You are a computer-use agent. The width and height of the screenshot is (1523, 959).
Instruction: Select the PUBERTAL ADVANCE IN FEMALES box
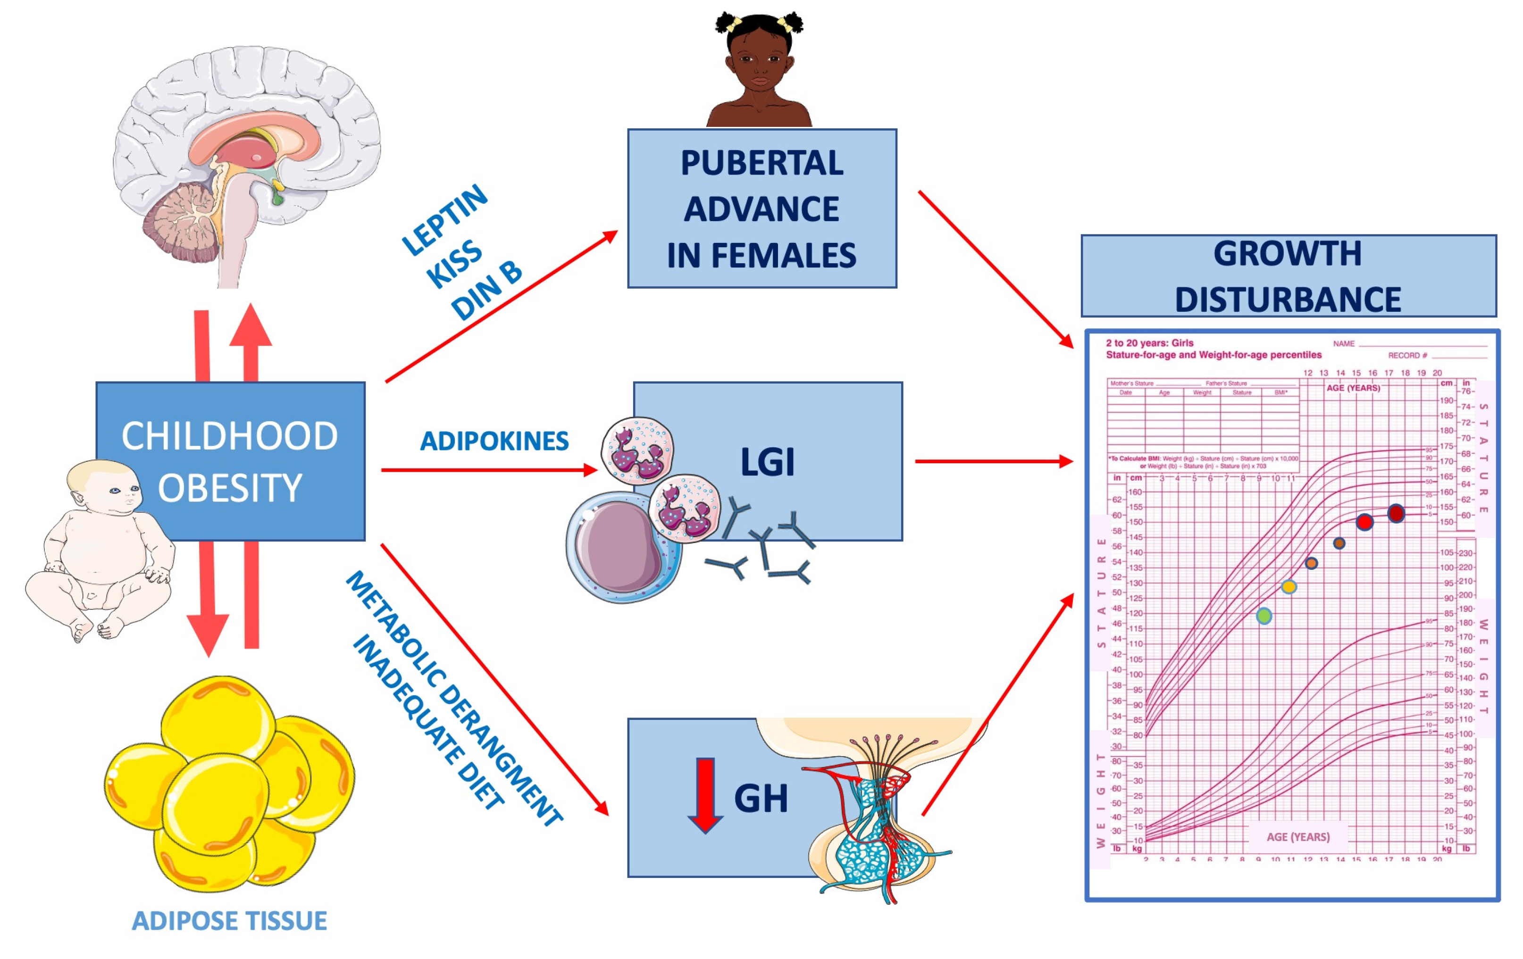point(761,208)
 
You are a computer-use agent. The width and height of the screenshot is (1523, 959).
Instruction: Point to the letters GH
point(761,799)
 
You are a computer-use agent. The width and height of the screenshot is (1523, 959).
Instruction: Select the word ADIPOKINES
point(494,441)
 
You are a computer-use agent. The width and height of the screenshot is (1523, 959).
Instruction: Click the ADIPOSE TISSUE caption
point(229,920)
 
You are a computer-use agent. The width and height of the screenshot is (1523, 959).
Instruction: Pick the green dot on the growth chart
point(1264,616)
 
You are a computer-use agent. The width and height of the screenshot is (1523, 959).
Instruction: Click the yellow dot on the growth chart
point(1289,587)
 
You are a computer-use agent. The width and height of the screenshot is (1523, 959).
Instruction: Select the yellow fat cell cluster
point(228,784)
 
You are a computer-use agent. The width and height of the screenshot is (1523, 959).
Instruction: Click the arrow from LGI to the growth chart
point(993,461)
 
